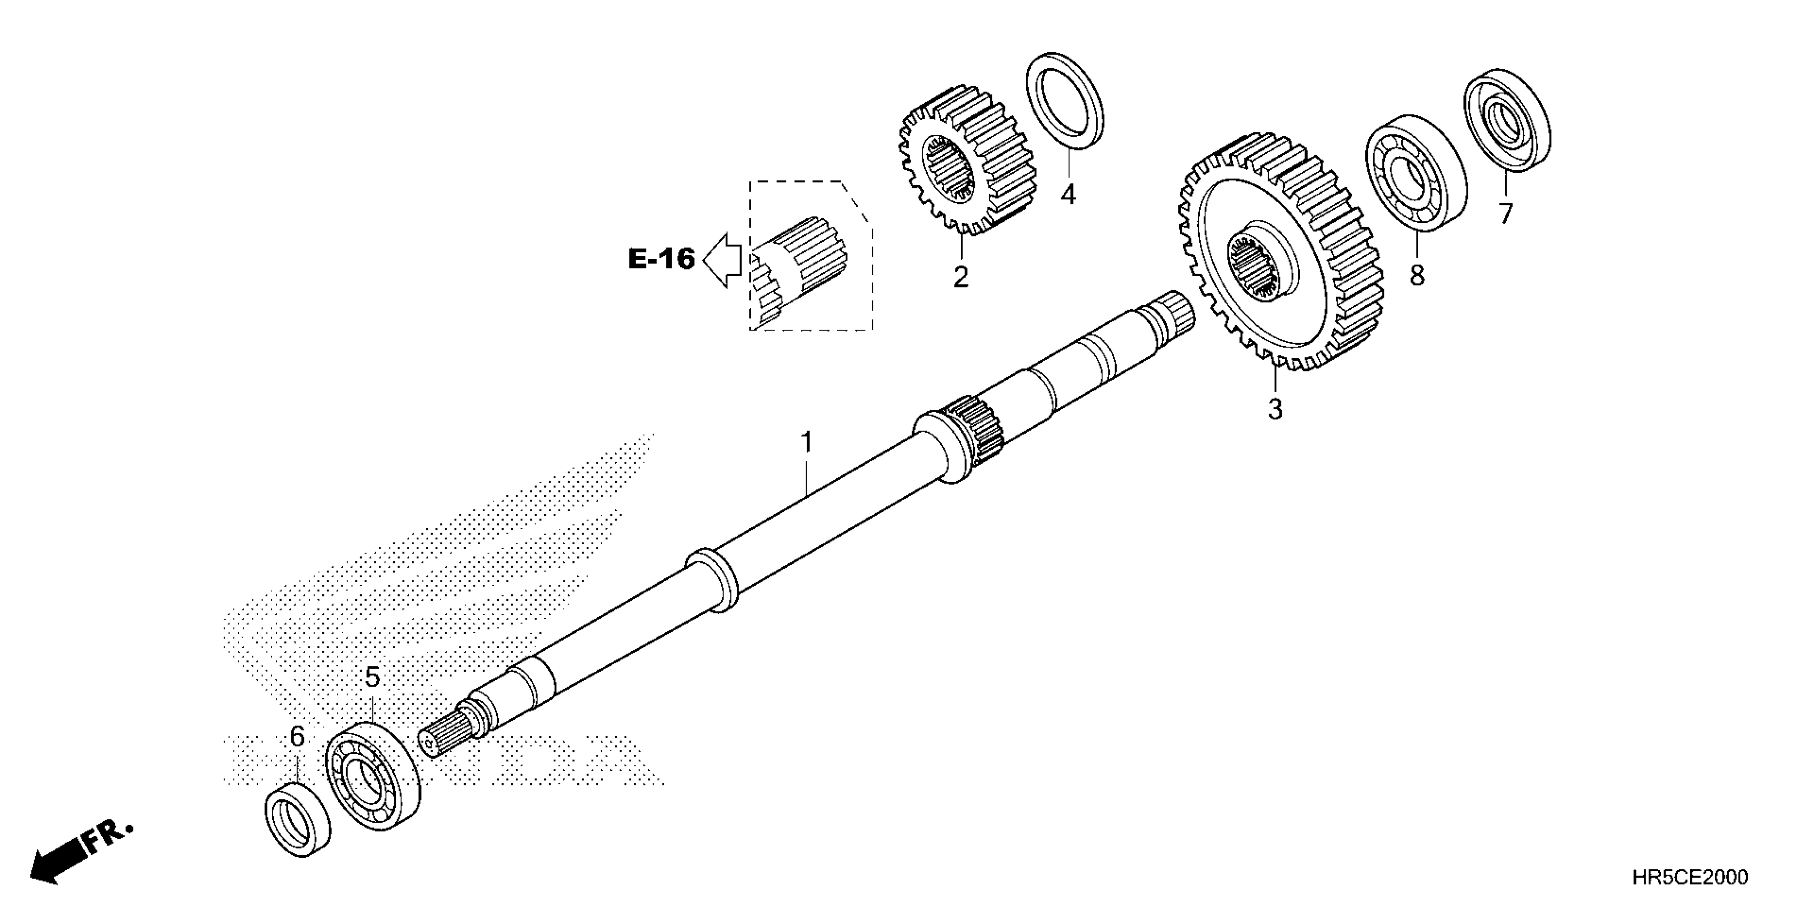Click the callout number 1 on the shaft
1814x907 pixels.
(807, 443)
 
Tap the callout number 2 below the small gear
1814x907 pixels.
(961, 277)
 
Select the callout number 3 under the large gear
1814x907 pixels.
(1275, 409)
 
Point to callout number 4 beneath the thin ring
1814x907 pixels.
(1068, 194)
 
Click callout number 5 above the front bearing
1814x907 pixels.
(372, 678)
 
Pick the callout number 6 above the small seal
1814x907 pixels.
(297, 737)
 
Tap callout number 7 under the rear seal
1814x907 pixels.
(1506, 213)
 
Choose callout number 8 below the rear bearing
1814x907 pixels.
(1417, 274)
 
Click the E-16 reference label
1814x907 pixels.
(661, 259)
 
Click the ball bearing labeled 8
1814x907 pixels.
(1415, 172)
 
